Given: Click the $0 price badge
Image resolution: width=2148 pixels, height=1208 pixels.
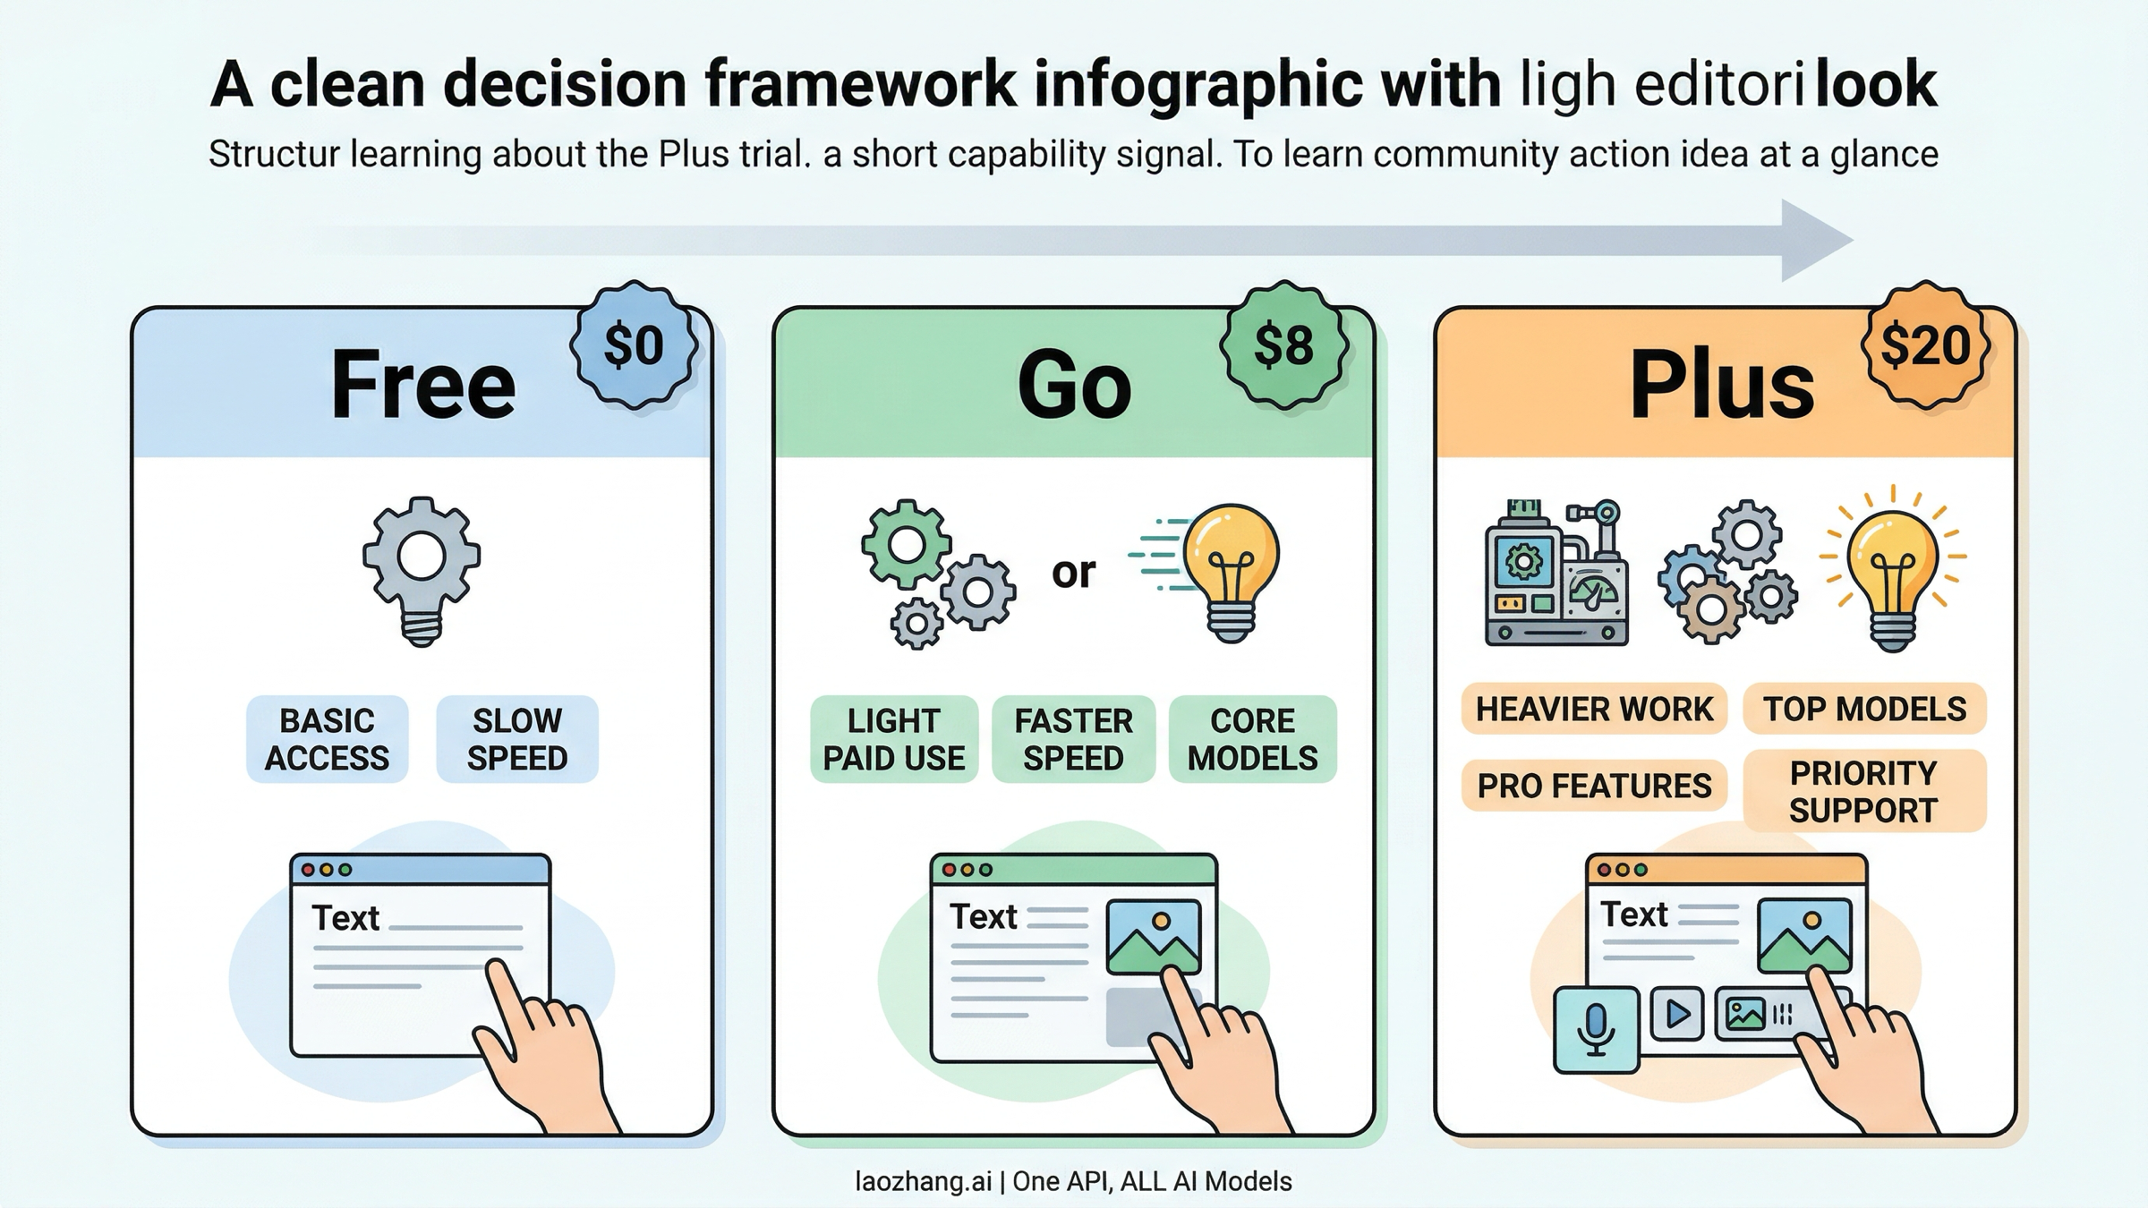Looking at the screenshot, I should pos(635,345).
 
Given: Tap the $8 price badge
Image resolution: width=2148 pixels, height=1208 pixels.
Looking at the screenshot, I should pos(1283,345).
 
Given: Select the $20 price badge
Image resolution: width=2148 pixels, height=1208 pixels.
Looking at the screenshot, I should pos(1925,345).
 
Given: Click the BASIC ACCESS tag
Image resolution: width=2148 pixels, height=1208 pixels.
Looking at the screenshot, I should pos(327,739).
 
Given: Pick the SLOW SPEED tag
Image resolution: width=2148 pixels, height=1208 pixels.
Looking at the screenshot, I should pos(517,739).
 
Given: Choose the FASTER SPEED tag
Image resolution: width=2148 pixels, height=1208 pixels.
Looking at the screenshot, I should pos(1073,739).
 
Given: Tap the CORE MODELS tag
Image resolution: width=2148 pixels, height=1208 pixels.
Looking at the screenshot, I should pos(1252,739).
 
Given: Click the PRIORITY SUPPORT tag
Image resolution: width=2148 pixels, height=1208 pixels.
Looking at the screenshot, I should pos(1864,791).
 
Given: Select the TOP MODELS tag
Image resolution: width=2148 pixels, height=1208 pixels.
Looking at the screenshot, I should pos(1864,709).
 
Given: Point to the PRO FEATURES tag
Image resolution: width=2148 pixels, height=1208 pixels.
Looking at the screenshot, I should pos(1594,786).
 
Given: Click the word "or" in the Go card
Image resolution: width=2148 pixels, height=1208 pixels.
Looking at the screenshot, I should pos(1073,573).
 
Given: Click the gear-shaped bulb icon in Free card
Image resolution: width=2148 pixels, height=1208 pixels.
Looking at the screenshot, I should pos(422,568).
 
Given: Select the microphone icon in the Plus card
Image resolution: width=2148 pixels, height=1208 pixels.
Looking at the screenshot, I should pos(1596,1029).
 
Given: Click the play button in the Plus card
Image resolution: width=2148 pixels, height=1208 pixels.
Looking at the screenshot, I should pos(1676,1014).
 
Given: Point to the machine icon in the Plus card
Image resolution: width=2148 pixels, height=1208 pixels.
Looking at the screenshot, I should pos(1556,573).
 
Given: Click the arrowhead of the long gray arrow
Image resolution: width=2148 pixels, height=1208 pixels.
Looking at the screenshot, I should pos(1812,240).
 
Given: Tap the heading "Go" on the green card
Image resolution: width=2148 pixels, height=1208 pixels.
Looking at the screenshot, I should pos(1074,385).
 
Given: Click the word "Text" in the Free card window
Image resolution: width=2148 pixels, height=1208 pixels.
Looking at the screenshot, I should pos(345,918).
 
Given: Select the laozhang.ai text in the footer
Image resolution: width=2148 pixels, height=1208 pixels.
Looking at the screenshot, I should pos(923,1181).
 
